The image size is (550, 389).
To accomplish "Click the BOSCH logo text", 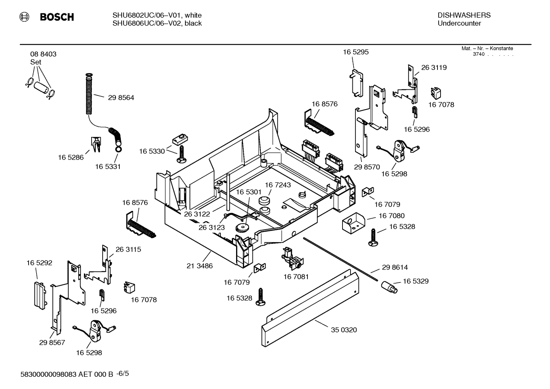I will pos(56,17).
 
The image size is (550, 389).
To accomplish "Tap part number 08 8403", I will pos(43,54).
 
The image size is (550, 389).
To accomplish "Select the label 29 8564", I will pos(121,98).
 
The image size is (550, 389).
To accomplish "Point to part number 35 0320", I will pos(344,330).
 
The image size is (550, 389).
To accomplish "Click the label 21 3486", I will pos(199,266).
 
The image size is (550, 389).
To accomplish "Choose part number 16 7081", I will pos(296,276).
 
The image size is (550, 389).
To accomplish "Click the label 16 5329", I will pos(415,281).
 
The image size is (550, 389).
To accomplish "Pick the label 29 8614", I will pos(395,268).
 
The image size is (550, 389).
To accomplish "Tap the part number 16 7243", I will pos(278,185).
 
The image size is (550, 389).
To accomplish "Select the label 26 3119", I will pos(434,68).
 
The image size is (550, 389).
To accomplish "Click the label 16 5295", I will pos(355,52).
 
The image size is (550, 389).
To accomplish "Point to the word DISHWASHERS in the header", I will pos(464,15).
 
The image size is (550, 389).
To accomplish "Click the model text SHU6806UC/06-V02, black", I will pos(157,23).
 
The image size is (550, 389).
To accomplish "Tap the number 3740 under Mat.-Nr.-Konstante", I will pos(479,54).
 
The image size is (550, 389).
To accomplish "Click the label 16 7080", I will pos(391,216).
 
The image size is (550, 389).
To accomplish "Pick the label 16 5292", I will pos(39,263).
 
